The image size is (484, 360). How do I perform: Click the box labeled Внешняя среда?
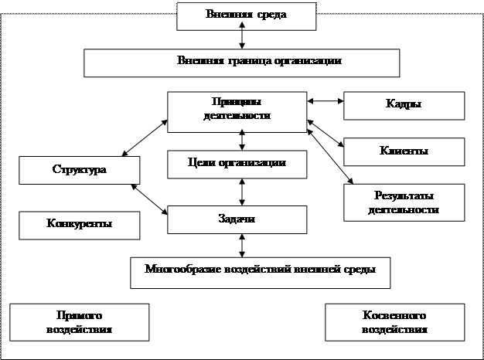point(243,15)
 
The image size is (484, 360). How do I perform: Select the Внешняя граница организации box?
point(244,62)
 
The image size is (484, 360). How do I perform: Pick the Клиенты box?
point(404,151)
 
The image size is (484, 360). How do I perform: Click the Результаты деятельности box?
point(404,202)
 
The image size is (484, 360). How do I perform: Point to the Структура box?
point(80,170)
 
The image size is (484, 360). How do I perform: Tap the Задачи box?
point(243,219)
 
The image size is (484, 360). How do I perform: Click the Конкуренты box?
point(80,224)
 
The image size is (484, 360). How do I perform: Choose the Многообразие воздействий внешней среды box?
point(259,271)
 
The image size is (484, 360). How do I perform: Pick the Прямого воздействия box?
point(80,321)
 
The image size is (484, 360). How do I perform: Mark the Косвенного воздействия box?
point(394,321)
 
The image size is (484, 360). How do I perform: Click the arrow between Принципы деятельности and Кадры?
point(325,101)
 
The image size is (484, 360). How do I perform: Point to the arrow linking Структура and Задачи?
point(150,198)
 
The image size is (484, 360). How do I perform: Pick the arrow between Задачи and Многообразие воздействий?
point(244,245)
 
